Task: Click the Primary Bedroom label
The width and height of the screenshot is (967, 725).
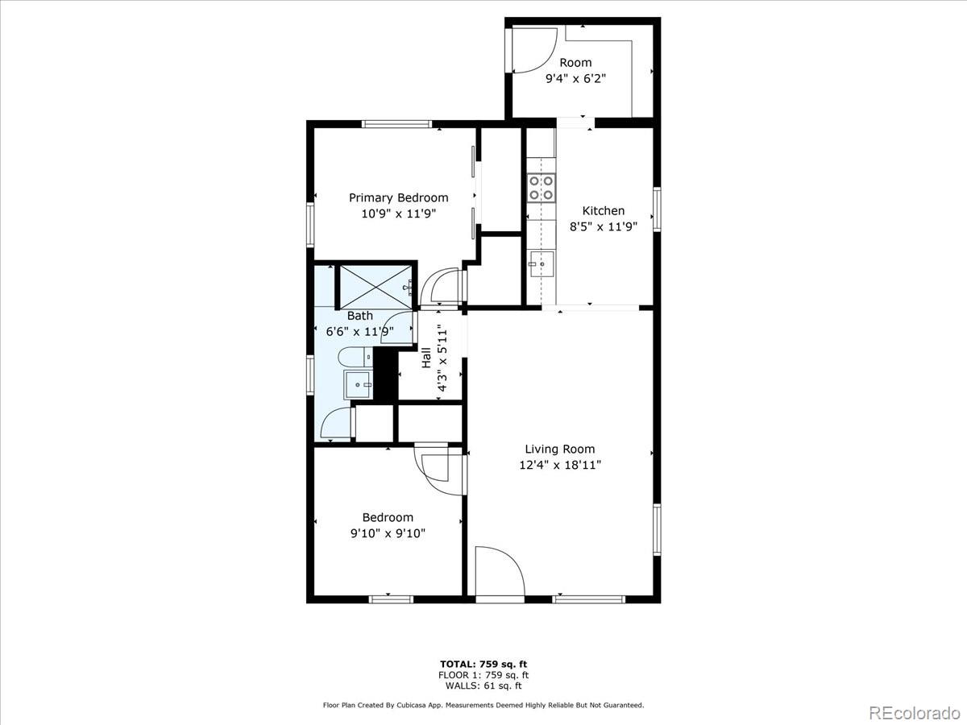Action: click(x=398, y=198)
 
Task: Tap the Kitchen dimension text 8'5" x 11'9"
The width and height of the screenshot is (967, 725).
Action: click(x=604, y=226)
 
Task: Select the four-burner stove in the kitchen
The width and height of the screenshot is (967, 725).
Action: click(x=541, y=188)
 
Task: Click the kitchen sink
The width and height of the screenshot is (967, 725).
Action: click(x=542, y=263)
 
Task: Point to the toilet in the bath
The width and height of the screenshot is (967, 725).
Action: click(x=355, y=357)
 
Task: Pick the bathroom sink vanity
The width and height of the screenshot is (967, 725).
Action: click(x=358, y=384)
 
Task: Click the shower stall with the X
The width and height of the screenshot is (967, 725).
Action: click(x=376, y=287)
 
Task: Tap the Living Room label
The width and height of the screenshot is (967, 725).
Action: click(x=559, y=449)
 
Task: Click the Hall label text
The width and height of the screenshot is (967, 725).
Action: click(x=426, y=358)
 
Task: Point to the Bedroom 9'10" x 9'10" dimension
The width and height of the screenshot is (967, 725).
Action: click(x=388, y=533)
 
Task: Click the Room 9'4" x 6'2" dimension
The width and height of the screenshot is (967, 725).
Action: click(x=576, y=79)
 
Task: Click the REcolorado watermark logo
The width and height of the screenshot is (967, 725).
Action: click(x=914, y=712)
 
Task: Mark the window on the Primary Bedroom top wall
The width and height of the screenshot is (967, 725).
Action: click(x=396, y=124)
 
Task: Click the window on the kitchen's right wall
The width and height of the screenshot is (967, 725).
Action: click(x=657, y=209)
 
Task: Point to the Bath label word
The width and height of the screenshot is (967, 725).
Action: click(x=360, y=316)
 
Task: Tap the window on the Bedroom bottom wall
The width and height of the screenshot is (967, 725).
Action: click(x=391, y=599)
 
